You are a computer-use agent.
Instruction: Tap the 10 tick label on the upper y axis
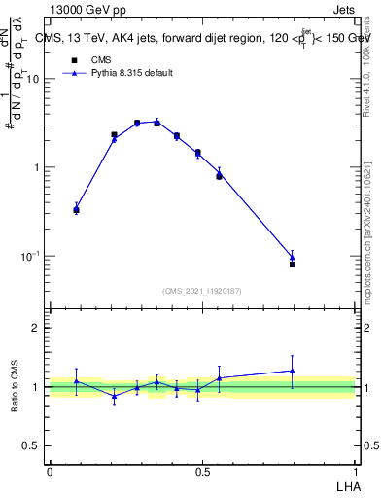32,79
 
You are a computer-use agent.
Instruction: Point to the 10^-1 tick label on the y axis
30,256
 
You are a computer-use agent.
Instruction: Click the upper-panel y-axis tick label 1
37,167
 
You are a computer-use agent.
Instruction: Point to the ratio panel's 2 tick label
36,329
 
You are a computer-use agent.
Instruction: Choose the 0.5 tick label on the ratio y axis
32,445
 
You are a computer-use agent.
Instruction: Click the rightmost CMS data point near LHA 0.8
293,264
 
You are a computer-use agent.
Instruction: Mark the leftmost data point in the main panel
77,209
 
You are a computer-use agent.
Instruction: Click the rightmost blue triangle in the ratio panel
293,371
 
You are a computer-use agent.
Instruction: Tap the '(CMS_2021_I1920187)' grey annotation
201,291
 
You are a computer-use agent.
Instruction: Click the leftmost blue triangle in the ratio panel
77,380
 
